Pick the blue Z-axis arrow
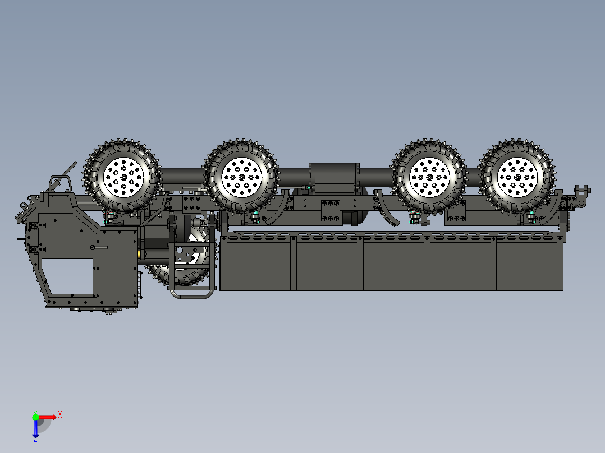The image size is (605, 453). coord(35,429)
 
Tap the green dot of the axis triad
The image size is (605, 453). coord(35,417)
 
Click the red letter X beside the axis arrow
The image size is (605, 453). coord(59,414)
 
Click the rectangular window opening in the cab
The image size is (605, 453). coord(68,276)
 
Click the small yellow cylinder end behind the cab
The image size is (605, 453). coord(140,255)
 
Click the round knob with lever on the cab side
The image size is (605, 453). coord(92,247)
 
